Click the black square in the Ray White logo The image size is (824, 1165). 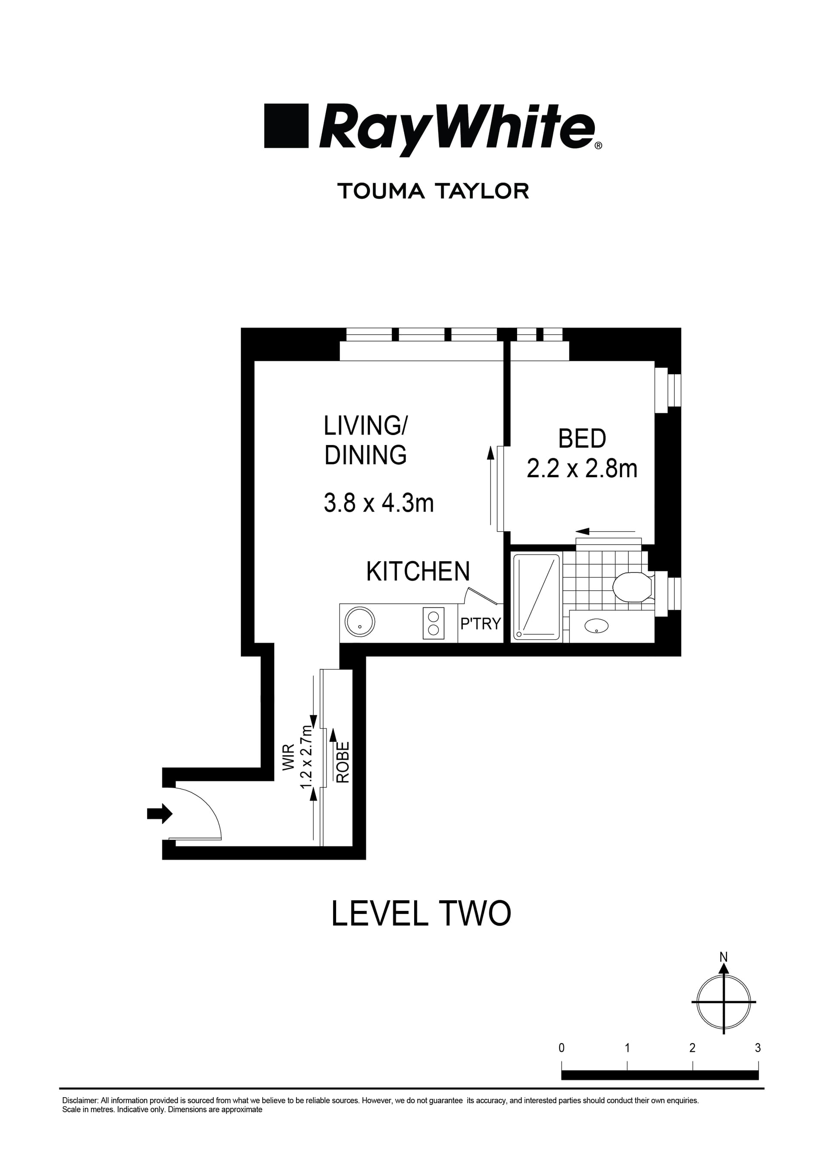pyautogui.click(x=286, y=126)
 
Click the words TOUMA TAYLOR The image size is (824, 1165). pyautogui.click(x=433, y=191)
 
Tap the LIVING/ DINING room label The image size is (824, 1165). pyautogui.click(x=365, y=440)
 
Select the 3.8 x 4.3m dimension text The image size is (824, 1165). pyautogui.click(x=379, y=503)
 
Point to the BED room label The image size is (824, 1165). pyautogui.click(x=582, y=439)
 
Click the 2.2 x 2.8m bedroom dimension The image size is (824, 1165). pyautogui.click(x=582, y=469)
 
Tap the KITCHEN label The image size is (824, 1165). pyautogui.click(x=418, y=572)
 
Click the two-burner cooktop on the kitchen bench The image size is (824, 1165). pyautogui.click(x=433, y=623)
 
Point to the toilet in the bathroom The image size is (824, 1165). pyautogui.click(x=633, y=587)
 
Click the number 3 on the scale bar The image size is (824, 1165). pyautogui.click(x=757, y=1048)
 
